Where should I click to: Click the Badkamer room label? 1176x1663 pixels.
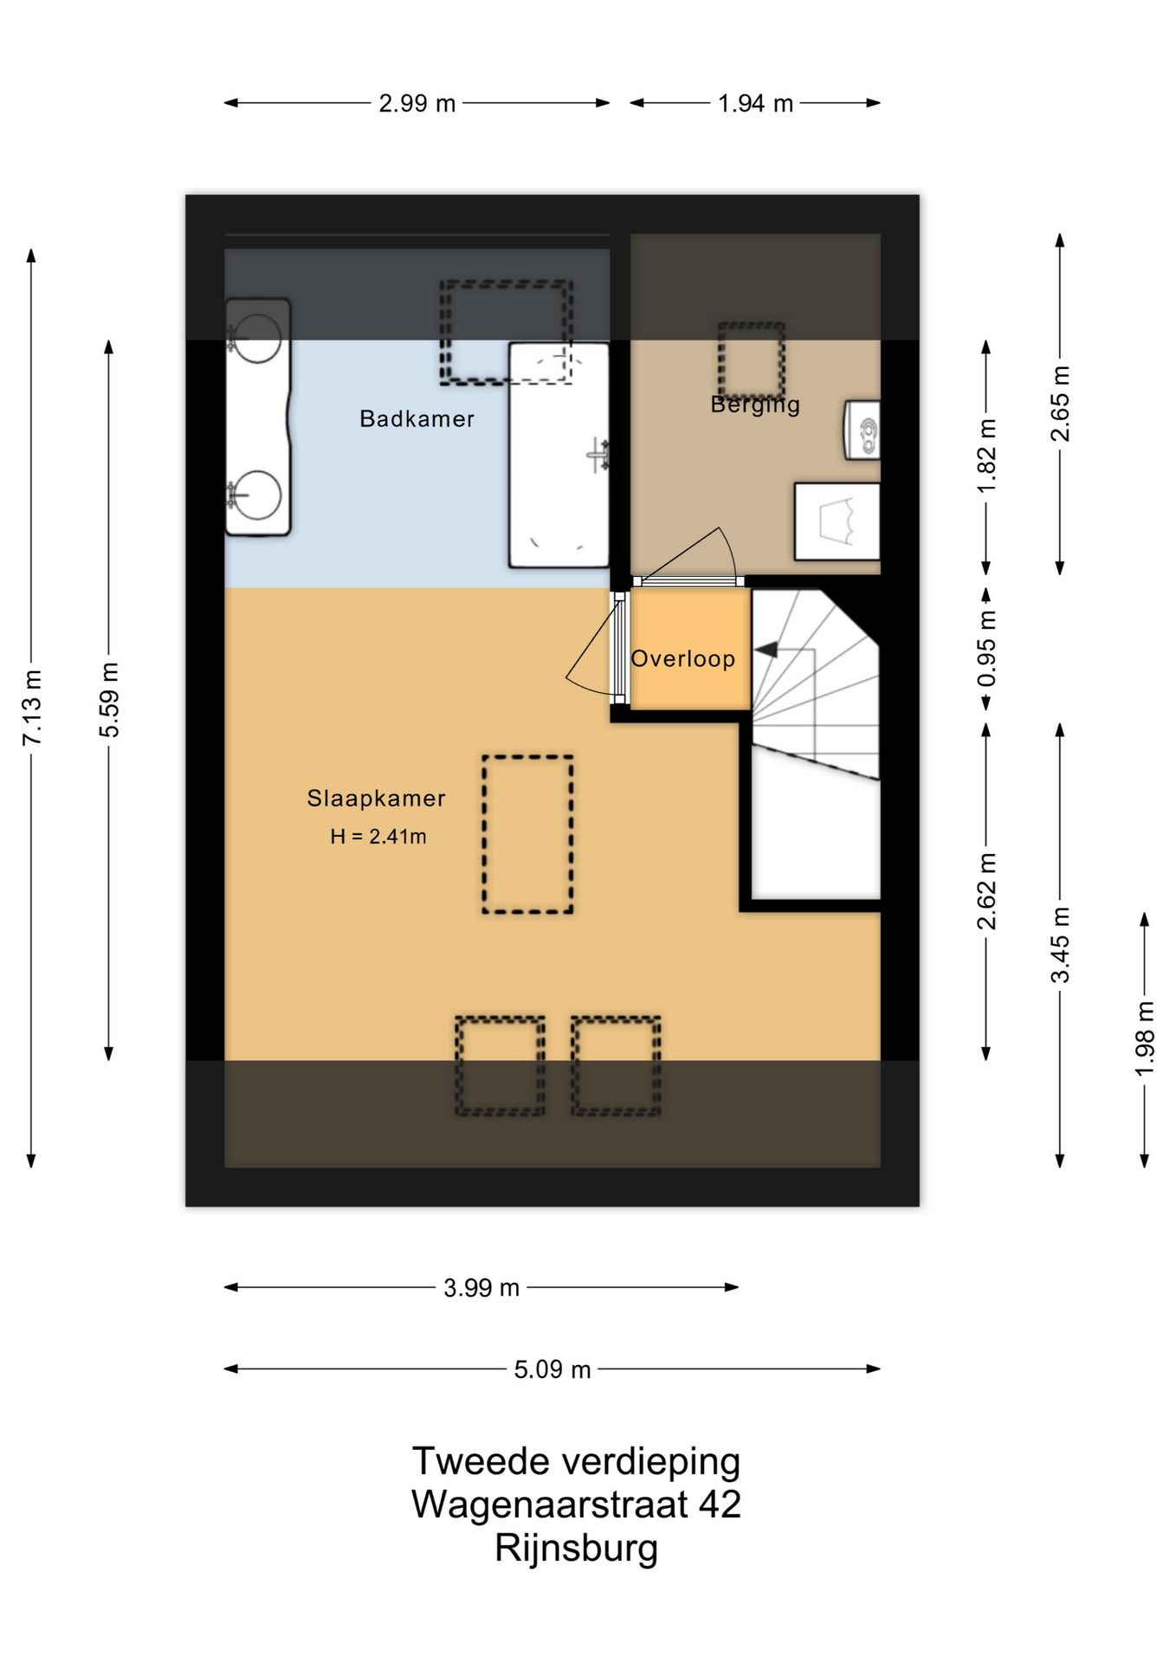(x=417, y=419)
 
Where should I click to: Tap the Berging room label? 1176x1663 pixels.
(x=755, y=404)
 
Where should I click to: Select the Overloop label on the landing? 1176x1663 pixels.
(x=683, y=659)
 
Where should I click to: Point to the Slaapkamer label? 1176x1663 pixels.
(x=376, y=799)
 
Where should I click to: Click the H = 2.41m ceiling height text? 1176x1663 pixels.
(x=378, y=837)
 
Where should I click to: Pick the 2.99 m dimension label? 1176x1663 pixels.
(x=417, y=103)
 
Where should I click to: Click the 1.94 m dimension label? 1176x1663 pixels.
(x=755, y=103)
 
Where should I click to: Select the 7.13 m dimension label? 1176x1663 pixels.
(x=32, y=708)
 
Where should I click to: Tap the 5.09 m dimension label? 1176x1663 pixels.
(x=552, y=1369)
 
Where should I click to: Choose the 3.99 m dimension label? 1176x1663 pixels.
(x=481, y=1288)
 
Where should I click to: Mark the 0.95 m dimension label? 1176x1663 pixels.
(x=986, y=648)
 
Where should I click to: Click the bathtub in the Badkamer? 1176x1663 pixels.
(x=559, y=455)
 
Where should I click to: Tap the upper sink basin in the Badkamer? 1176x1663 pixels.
(x=256, y=338)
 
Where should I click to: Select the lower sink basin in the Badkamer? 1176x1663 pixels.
(x=256, y=495)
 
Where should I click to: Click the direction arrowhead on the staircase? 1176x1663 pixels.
(x=766, y=650)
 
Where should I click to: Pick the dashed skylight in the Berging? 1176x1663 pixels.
(x=752, y=359)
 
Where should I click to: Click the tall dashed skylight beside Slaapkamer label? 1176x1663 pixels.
(x=527, y=834)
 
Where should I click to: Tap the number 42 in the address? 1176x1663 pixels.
(x=720, y=1504)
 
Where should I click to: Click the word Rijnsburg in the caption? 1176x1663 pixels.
(x=577, y=1549)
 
